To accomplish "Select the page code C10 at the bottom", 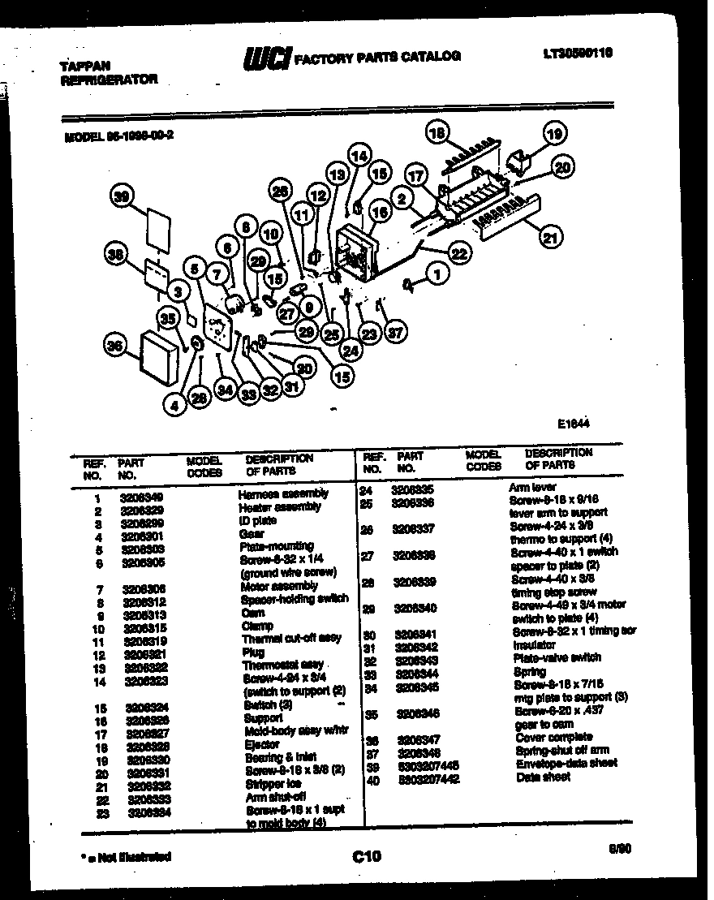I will coord(367,855).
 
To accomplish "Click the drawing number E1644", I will coord(573,424).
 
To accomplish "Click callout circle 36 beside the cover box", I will coord(117,347).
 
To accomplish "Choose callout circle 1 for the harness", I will coord(438,275).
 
